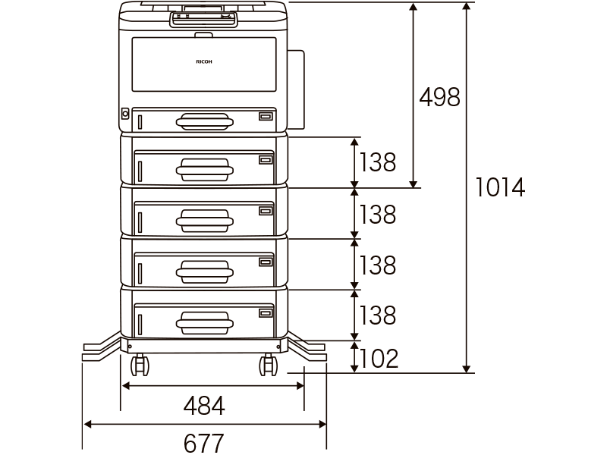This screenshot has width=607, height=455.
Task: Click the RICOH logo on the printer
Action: tap(204, 61)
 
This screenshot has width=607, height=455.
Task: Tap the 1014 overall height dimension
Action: tap(500, 187)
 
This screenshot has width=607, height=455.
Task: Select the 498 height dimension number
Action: tap(440, 97)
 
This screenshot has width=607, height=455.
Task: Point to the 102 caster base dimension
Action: tap(379, 358)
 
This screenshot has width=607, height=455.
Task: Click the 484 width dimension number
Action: tap(204, 406)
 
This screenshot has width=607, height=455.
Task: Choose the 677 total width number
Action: tap(204, 443)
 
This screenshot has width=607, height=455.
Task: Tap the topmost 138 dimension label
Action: tap(378, 162)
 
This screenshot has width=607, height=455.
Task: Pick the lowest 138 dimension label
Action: tap(378, 315)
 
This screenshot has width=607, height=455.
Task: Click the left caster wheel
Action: tap(140, 365)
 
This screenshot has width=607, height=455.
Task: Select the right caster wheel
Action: tap(269, 365)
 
